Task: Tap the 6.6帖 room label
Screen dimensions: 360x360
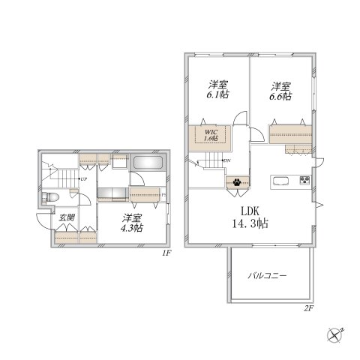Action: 282,91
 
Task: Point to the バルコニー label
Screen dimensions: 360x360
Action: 268,276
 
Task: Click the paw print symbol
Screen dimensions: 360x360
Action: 236,181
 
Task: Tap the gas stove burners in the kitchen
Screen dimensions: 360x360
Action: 304,181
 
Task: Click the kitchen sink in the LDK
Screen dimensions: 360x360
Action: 283,181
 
